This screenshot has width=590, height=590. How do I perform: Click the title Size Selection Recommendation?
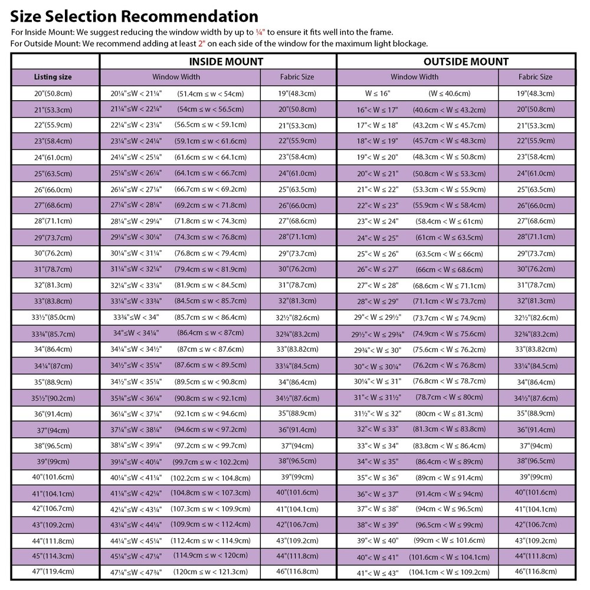tap(134, 16)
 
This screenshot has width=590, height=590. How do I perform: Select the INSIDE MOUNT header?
tap(226, 61)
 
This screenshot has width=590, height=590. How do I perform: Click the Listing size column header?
tap(53, 77)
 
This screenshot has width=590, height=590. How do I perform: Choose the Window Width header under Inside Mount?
tap(176, 77)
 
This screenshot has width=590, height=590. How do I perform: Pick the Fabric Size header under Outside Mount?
tap(535, 77)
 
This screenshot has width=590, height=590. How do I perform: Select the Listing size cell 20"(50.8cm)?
tap(53, 93)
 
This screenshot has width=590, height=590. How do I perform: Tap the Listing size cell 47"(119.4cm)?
tap(53, 571)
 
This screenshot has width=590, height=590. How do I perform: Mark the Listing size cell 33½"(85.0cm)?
tap(53, 317)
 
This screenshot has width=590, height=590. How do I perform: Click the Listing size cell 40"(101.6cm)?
tap(53, 477)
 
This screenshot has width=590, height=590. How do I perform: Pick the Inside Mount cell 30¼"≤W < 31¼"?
tap(136, 254)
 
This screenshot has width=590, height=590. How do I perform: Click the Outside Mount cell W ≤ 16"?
tap(378, 93)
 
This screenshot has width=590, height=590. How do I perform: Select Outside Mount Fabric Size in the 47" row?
tap(536, 571)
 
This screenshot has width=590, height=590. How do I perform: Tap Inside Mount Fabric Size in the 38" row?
tap(297, 445)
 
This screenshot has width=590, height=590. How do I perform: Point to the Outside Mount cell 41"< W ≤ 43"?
tap(378, 572)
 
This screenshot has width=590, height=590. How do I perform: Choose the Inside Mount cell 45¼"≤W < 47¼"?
tap(136, 555)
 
